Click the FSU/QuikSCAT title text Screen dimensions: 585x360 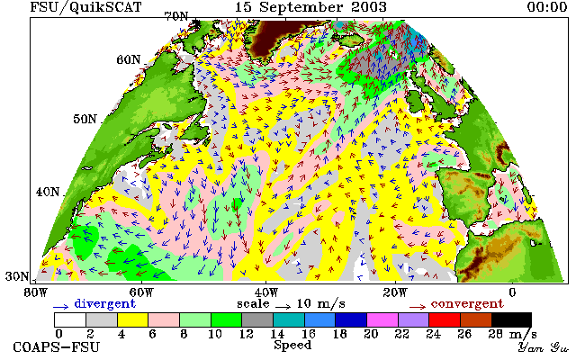tap(85, 7)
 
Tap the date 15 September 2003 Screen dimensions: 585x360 tap(310, 7)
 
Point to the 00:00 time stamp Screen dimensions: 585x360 tap(547, 6)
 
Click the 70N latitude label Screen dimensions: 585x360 tap(176, 16)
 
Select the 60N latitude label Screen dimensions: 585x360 tap(129, 59)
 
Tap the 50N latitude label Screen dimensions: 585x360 tap(85, 119)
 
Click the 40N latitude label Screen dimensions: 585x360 tap(48, 192)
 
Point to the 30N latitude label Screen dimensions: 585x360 tap(17, 276)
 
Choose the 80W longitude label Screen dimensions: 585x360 tap(35, 292)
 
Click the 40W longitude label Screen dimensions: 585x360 tap(266, 292)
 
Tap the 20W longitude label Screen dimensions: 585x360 tap(395, 292)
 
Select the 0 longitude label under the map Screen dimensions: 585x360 tap(513, 292)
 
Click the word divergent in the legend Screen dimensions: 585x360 tap(105, 304)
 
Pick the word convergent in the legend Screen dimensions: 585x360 tap(467, 304)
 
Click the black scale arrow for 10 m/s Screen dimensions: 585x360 tap(283, 307)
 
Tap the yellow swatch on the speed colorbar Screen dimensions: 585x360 tap(132, 320)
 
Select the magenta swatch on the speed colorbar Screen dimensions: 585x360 tap(382, 320)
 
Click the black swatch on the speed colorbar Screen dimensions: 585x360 tap(511, 320)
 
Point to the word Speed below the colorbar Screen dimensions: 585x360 tap(292, 345)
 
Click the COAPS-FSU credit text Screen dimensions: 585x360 tap(57, 347)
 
